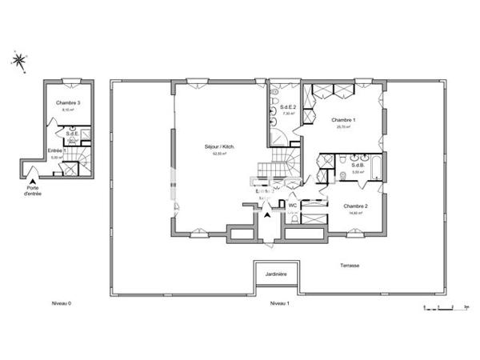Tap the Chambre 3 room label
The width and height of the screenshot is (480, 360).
point(68,104)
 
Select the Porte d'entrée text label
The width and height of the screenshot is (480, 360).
point(32,190)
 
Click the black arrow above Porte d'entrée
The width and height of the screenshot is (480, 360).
point(32,178)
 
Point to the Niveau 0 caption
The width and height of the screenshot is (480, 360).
point(61,304)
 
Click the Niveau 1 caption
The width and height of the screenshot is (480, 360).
point(278,304)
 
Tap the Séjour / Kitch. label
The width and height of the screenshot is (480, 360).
point(218,147)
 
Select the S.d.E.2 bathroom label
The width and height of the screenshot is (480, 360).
point(289,107)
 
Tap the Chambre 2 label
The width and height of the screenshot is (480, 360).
point(356,207)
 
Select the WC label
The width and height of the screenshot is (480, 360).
point(293,205)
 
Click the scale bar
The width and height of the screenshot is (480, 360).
point(444,307)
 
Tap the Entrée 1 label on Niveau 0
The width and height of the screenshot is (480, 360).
point(56,150)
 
